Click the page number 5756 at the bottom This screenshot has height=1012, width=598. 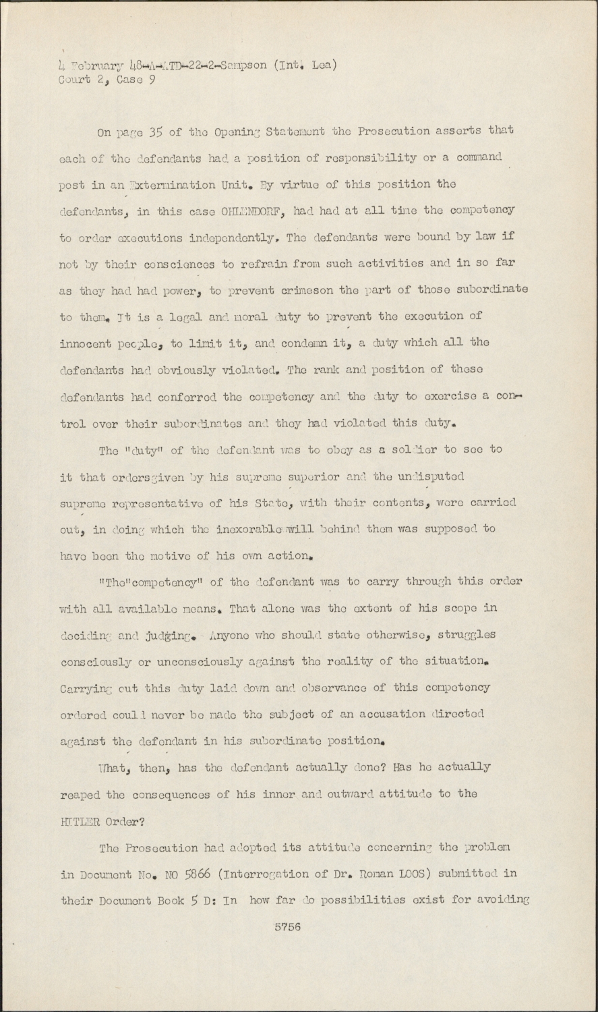pos(287,927)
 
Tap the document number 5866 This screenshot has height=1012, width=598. pos(201,874)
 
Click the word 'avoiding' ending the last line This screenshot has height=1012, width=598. pos(504,900)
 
